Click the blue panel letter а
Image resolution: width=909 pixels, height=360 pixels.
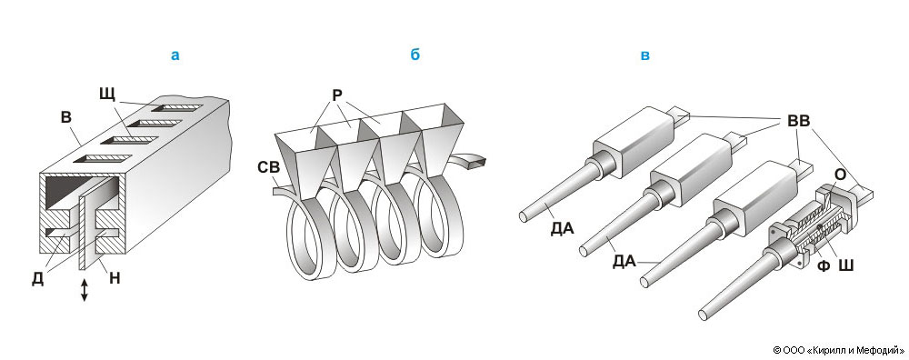pyautogui.click(x=175, y=55)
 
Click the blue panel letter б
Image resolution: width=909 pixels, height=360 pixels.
pyautogui.click(x=415, y=55)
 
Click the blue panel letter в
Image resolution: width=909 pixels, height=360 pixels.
pyautogui.click(x=644, y=56)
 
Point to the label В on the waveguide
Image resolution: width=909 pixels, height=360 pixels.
pyautogui.click(x=66, y=117)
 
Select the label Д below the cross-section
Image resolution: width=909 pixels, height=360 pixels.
pyautogui.click(x=37, y=279)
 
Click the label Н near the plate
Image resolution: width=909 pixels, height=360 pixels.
pyautogui.click(x=115, y=278)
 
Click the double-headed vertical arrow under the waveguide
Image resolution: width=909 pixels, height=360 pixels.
pyautogui.click(x=84, y=290)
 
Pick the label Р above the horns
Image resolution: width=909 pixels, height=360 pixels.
pyautogui.click(x=337, y=95)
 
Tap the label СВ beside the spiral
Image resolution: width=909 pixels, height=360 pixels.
pyautogui.click(x=269, y=167)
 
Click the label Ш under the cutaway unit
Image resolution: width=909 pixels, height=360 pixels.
pyautogui.click(x=845, y=265)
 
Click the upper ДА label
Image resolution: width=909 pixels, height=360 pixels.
pyautogui.click(x=563, y=228)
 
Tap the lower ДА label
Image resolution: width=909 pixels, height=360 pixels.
pyautogui.click(x=624, y=262)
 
